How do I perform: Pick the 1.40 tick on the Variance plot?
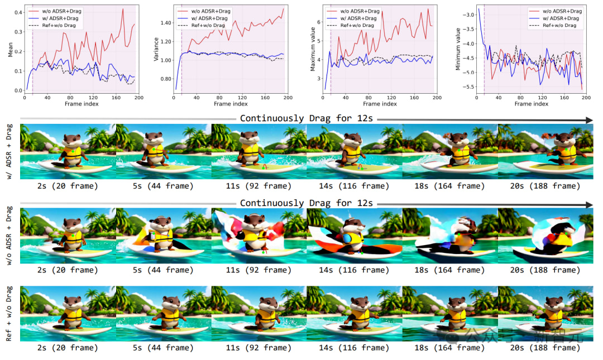click(x=166, y=23)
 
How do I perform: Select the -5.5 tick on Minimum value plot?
click(x=467, y=87)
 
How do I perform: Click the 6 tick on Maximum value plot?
click(x=319, y=22)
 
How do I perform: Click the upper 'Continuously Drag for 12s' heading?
click(x=307, y=118)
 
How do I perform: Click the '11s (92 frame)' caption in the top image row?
click(x=259, y=186)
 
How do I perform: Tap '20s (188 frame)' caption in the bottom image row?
click(x=545, y=347)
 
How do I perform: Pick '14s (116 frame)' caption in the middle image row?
click(x=354, y=270)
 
